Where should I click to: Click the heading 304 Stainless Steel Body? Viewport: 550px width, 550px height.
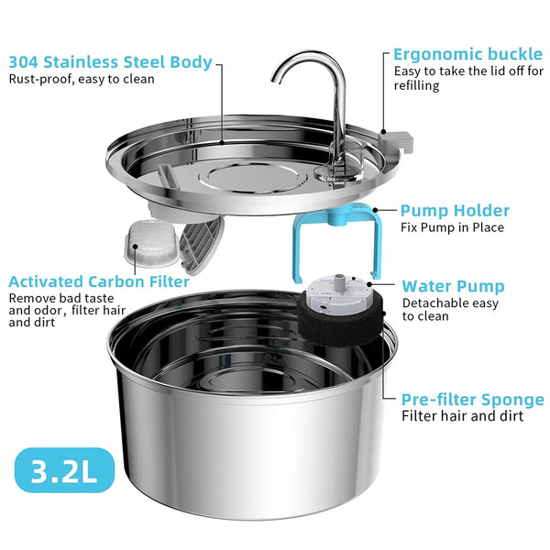[110, 62]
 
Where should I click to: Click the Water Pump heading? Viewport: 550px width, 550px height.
[453, 287]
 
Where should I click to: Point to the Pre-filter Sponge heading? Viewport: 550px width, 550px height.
[472, 400]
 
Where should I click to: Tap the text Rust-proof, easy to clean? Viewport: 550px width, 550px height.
[82, 79]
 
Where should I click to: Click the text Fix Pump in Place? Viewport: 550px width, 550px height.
[452, 227]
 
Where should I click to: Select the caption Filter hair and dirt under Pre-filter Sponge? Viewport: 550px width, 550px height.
[463, 416]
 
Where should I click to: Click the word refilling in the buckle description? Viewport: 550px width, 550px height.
[417, 86]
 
